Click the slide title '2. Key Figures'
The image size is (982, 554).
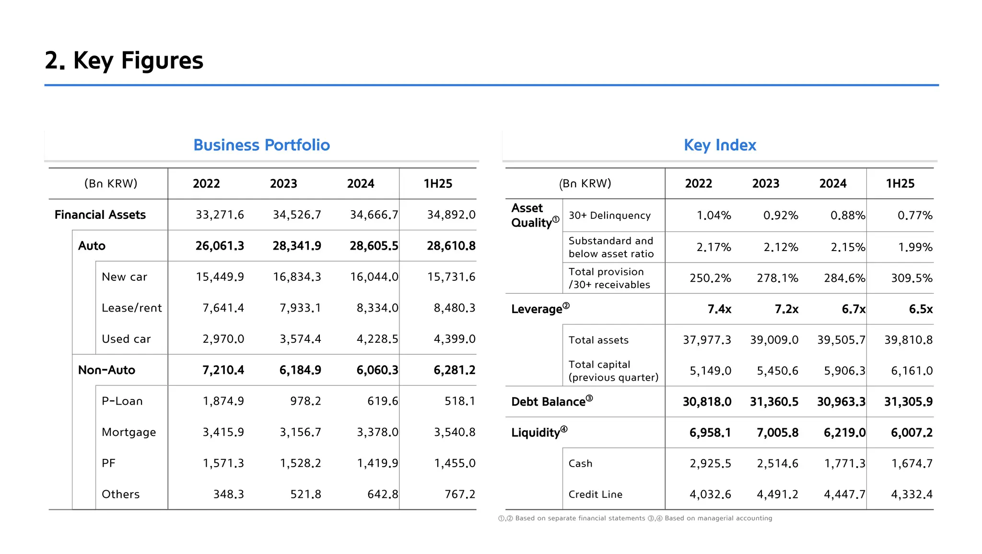[124, 60]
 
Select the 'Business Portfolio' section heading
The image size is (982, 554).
[261, 145]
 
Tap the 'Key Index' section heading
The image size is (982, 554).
[720, 145]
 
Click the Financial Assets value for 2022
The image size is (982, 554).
[220, 215]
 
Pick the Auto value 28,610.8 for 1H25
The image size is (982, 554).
[451, 246]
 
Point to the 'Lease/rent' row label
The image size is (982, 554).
[131, 308]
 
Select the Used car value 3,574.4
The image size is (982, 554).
[300, 339]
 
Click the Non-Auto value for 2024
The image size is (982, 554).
[377, 370]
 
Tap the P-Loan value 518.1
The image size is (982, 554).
[459, 401]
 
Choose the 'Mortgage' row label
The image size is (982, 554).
[129, 432]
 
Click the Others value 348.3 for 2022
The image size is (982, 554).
[228, 494]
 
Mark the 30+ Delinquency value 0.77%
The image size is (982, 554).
[914, 216]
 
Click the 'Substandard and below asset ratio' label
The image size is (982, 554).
[611, 247]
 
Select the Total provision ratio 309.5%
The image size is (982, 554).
[912, 278]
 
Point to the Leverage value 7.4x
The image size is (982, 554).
[719, 309]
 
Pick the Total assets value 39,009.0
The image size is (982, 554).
[774, 340]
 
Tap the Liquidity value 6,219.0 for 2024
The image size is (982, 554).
[844, 433]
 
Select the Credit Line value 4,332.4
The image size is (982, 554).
[912, 494]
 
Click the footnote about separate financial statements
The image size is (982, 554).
[572, 518]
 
